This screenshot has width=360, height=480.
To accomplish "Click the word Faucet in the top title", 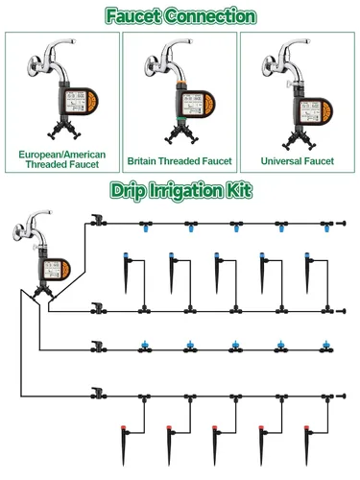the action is (x=133, y=16).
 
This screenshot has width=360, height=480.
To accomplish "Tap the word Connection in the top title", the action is (x=211, y=16).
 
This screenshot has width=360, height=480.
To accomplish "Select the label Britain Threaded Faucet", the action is (x=180, y=161).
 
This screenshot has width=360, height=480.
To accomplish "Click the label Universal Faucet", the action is (x=298, y=161).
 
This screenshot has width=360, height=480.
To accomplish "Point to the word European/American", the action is (x=62, y=155).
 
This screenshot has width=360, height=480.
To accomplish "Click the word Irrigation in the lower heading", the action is (x=187, y=191).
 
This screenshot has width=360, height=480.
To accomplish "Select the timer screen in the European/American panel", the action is (x=76, y=101).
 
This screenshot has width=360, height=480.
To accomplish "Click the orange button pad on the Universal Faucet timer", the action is (x=326, y=112).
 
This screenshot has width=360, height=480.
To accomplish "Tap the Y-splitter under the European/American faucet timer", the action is (x=64, y=129).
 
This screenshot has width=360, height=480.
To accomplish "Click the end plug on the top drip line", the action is (x=341, y=223).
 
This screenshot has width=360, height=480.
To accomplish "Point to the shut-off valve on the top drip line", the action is (x=97, y=221).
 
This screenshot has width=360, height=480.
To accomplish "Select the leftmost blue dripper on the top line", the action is (x=146, y=227).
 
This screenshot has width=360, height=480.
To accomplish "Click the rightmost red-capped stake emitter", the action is (x=307, y=445).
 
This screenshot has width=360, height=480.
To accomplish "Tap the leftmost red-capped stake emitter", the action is (x=124, y=445).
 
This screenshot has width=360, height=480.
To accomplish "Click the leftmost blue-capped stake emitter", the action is (x=127, y=273).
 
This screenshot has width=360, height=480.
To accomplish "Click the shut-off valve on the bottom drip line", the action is (x=97, y=394).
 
